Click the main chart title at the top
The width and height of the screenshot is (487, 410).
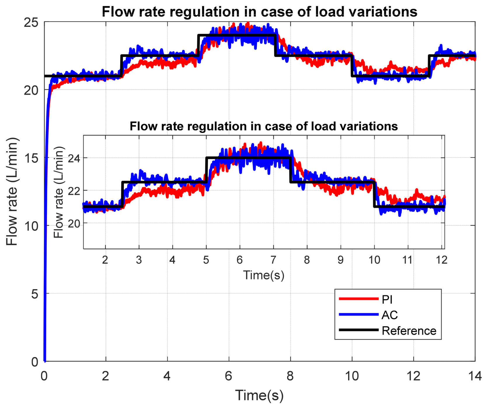point(259,12)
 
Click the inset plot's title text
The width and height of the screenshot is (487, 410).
point(264,126)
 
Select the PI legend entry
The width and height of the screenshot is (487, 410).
point(387,299)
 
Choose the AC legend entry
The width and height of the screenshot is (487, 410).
point(390,315)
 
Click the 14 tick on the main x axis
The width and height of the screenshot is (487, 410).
point(475,376)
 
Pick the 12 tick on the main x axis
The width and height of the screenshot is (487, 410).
point(413,376)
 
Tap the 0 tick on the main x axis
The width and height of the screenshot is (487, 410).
point(44,376)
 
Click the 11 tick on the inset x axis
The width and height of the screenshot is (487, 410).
point(407,260)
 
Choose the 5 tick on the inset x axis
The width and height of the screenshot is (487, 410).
point(206,260)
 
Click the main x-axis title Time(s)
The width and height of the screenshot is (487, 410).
point(259,396)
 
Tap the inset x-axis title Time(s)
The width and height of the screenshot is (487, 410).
point(264,275)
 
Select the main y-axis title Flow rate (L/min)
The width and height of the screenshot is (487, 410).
point(12,192)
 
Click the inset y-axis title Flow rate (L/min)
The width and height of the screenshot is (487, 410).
point(59,192)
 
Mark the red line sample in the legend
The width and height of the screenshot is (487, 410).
point(359,299)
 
